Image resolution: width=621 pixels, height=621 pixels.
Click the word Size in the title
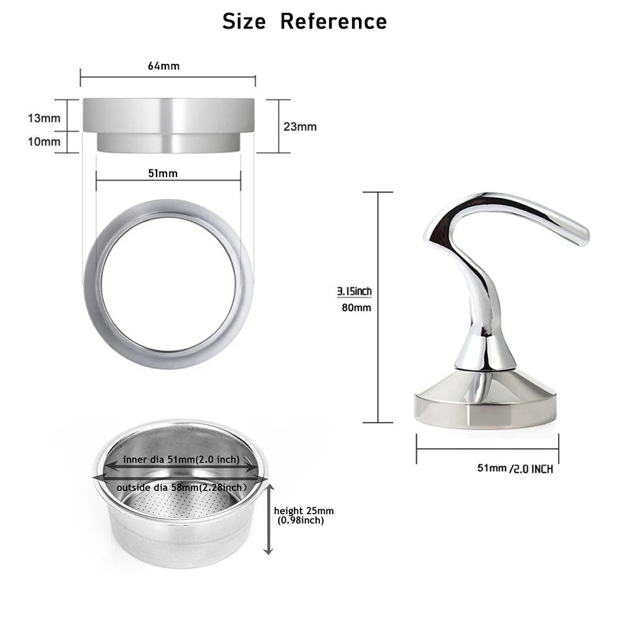pos(244,22)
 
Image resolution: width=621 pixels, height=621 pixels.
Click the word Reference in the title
pos(333,22)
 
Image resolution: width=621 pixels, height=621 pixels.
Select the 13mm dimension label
pos(44,117)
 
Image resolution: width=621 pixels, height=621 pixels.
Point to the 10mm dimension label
pos(44,142)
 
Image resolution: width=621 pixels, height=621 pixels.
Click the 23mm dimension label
pos(300,127)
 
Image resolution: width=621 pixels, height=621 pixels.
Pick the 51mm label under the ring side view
pos(163,173)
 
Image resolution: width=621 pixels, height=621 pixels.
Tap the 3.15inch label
pos(354,291)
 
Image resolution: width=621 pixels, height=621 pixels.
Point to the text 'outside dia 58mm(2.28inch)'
pos(180,487)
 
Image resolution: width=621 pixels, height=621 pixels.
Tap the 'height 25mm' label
pos(304,510)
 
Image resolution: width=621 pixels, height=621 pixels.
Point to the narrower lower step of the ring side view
pos(168,142)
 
